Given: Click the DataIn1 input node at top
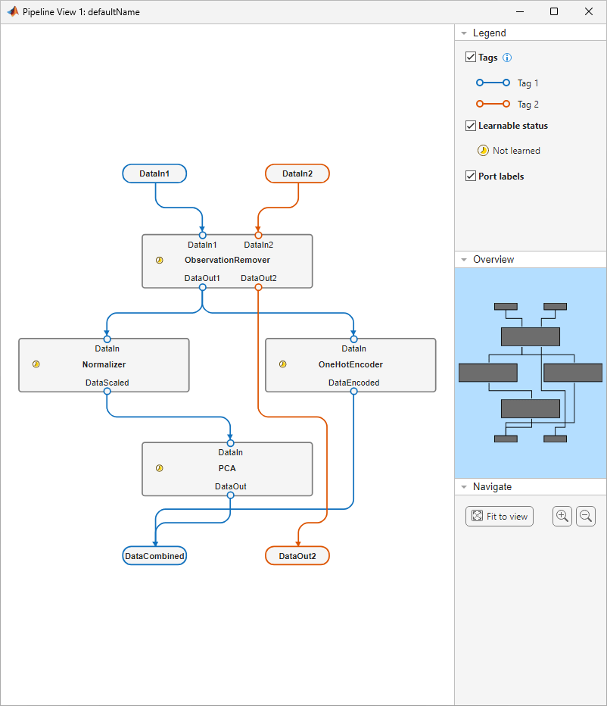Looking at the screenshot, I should pos(154,173).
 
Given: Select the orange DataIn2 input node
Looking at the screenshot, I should pos(297,173).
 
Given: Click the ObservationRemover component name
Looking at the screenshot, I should pos(227,260).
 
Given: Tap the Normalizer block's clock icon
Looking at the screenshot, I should pos(36,364).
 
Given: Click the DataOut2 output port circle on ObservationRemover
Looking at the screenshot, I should pos(258,287).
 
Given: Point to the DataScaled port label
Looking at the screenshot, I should pos(107,383).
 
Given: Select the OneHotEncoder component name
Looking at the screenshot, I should pos(350,364).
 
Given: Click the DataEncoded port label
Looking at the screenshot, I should pos(353,383).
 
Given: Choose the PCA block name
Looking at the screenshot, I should pos(227,468).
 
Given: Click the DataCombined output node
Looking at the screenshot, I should pos(154,556).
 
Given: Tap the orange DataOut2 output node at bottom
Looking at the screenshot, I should pos(297,556).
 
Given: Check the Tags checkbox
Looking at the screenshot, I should pos(471,58).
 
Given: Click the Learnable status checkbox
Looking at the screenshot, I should pos(471,126).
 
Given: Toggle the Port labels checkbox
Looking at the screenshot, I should pos(471,176).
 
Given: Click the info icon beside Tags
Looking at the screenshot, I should pos(508,58).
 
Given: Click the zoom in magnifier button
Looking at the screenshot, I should pos(562,517).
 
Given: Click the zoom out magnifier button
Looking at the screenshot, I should pos(586,517).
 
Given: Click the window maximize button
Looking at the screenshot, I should pos(554,12).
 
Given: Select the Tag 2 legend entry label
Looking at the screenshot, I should pos(528,105).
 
